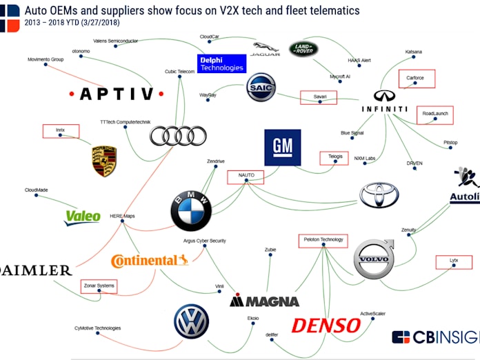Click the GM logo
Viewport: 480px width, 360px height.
tap(282, 148)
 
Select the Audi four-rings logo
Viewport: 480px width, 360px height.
tap(178, 136)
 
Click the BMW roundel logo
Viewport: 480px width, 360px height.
tap(191, 210)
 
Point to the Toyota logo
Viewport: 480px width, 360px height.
tap(379, 195)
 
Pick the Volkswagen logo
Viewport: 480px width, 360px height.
tap(191, 321)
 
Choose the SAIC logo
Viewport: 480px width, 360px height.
tap(261, 88)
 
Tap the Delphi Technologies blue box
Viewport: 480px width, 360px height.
tap(221, 64)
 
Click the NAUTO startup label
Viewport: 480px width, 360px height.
tap(246, 176)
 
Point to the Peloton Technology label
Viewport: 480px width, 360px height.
tap(323, 240)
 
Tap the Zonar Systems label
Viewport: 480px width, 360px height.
tap(98, 285)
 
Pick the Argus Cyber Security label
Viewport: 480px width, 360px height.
tap(204, 241)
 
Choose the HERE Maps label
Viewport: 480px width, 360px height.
tap(122, 216)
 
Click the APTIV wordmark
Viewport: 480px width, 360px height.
tap(119, 94)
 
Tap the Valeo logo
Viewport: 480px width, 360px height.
tap(83, 217)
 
